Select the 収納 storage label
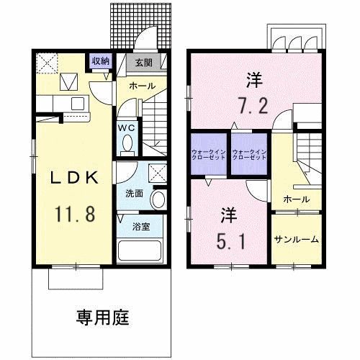tap(99, 61)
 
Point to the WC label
tap(126, 128)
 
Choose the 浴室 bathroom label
tap(140, 226)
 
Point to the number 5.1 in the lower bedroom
tap(230, 239)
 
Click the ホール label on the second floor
tap(296, 199)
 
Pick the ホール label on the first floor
tap(142, 86)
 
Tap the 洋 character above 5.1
tap(229, 215)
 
